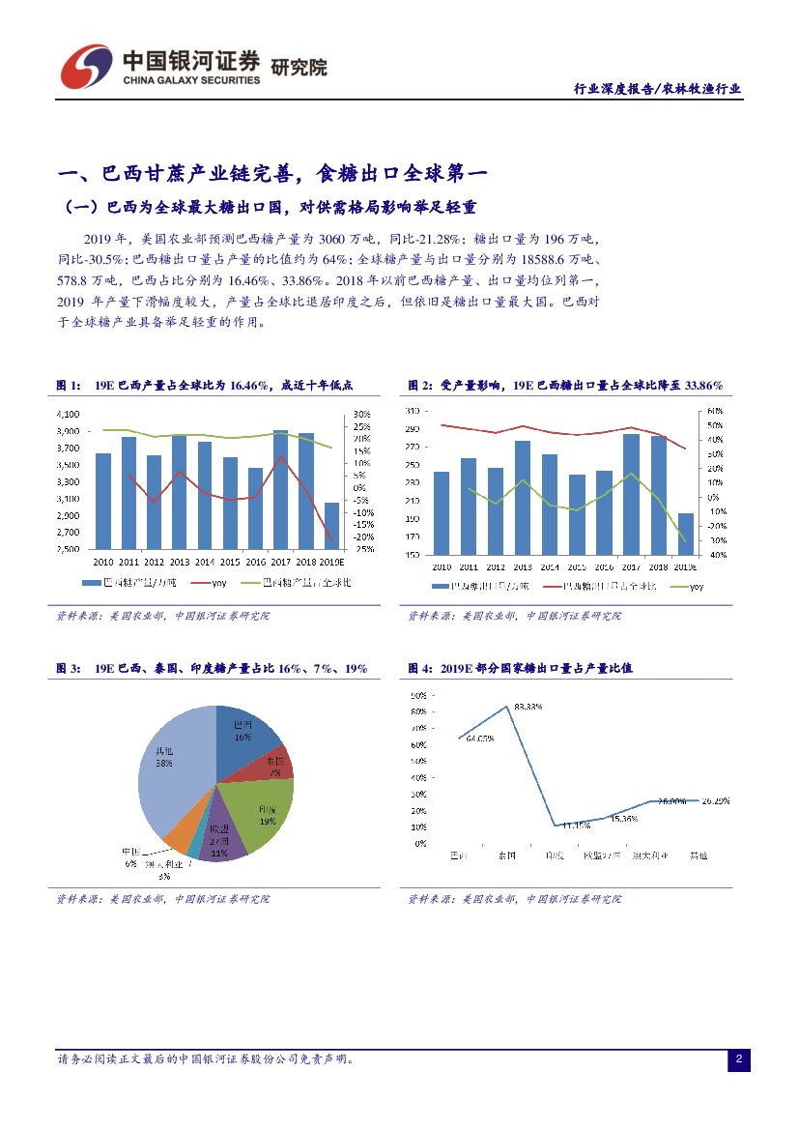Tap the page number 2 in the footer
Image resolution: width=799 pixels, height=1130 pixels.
click(x=738, y=1060)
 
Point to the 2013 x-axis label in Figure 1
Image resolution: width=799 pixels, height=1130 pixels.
click(x=179, y=561)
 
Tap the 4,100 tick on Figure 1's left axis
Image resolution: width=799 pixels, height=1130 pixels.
click(x=67, y=414)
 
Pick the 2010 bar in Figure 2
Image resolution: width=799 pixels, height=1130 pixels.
click(x=442, y=513)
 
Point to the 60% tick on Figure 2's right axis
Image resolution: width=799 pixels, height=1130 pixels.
click(x=716, y=411)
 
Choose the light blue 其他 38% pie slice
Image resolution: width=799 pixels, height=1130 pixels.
click(x=169, y=764)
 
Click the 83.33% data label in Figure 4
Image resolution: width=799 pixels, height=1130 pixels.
click(x=528, y=707)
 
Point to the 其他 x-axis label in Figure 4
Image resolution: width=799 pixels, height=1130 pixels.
click(x=698, y=855)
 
